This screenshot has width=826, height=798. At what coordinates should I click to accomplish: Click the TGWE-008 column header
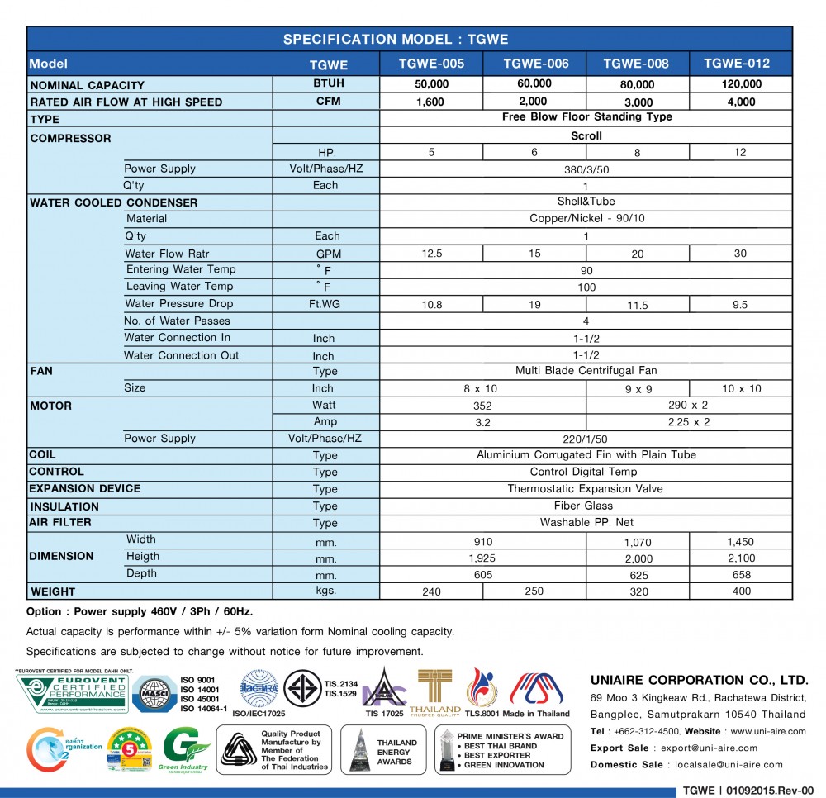point(636,64)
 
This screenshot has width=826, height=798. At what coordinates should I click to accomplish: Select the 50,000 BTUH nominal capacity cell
point(431,84)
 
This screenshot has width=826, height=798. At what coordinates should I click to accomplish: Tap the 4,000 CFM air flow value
point(740,102)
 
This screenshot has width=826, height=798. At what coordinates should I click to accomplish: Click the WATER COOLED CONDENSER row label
point(114,202)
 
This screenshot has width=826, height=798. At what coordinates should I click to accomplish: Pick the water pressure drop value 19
point(534,305)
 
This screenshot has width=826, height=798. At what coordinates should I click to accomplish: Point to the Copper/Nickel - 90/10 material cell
point(586,219)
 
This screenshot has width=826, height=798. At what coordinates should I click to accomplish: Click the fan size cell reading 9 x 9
point(637,389)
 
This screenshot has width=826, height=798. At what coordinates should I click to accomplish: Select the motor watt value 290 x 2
point(688,406)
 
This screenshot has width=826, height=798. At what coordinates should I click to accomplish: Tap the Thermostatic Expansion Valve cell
point(586,489)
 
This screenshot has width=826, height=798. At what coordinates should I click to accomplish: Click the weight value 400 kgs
point(741,591)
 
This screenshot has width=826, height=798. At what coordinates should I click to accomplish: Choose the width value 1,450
point(740,542)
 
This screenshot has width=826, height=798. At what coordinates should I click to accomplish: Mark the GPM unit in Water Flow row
point(328,254)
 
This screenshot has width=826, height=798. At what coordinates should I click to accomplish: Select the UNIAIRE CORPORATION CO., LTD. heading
point(699,680)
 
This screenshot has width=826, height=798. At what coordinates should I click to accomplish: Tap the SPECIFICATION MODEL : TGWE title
point(396,39)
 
